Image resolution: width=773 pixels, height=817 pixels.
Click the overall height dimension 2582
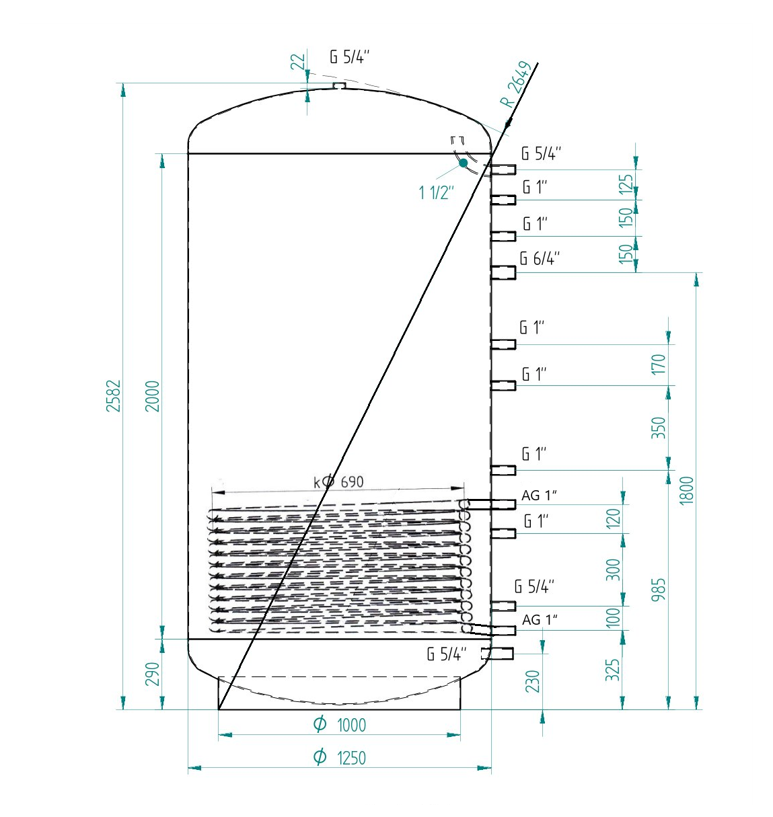click(x=113, y=395)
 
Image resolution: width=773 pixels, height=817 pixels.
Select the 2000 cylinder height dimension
click(x=152, y=395)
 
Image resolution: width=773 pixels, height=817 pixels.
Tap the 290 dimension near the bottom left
click(x=152, y=674)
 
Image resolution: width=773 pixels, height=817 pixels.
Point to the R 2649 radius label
click(x=515, y=85)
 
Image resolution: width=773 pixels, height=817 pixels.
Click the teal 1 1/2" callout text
click(x=436, y=193)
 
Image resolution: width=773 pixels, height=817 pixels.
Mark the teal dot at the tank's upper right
click(x=463, y=163)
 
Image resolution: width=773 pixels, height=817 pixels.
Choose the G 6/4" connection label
click(x=540, y=258)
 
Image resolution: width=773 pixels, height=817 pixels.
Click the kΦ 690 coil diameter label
click(x=338, y=481)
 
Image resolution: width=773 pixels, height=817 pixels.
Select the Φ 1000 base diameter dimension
click(x=339, y=725)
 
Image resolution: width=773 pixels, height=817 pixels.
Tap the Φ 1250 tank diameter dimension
click(x=339, y=757)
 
